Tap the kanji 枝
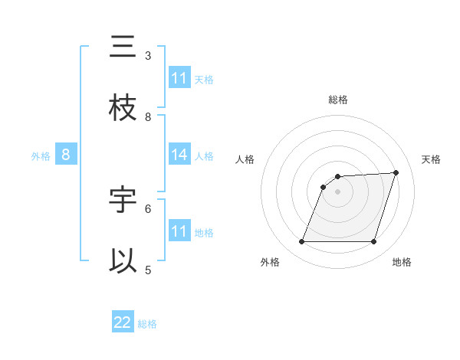click(123, 108)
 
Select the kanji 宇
click(123, 200)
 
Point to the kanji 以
click(123, 261)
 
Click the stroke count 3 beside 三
click(148, 55)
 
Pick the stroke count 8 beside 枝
click(148, 116)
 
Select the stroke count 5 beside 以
click(148, 270)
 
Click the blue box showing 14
click(179, 155)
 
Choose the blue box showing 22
click(123, 322)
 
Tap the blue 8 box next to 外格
click(66, 155)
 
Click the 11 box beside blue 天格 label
click(179, 78)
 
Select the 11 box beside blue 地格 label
click(179, 231)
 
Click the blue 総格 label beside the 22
click(147, 324)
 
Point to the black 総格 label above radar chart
click(337, 100)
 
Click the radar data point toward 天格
click(396, 172)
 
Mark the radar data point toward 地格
click(373, 242)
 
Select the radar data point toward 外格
click(301, 242)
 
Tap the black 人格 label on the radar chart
click(245, 159)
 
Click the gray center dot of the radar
click(337, 191)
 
